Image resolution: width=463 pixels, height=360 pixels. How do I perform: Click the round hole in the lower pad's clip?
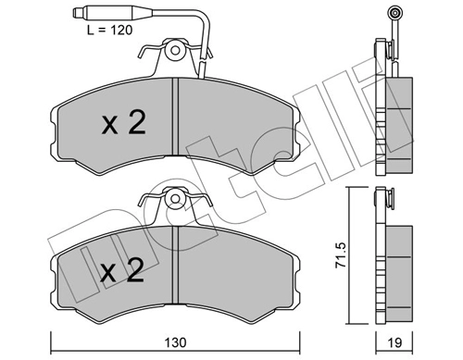click(x=174, y=197)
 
